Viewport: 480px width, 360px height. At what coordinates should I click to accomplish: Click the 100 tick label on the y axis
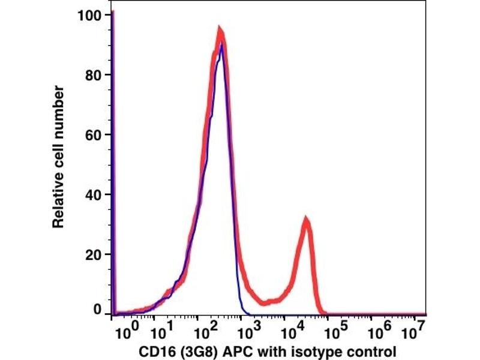tap(89, 14)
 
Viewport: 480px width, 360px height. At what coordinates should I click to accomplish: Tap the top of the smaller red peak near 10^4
tap(306, 220)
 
